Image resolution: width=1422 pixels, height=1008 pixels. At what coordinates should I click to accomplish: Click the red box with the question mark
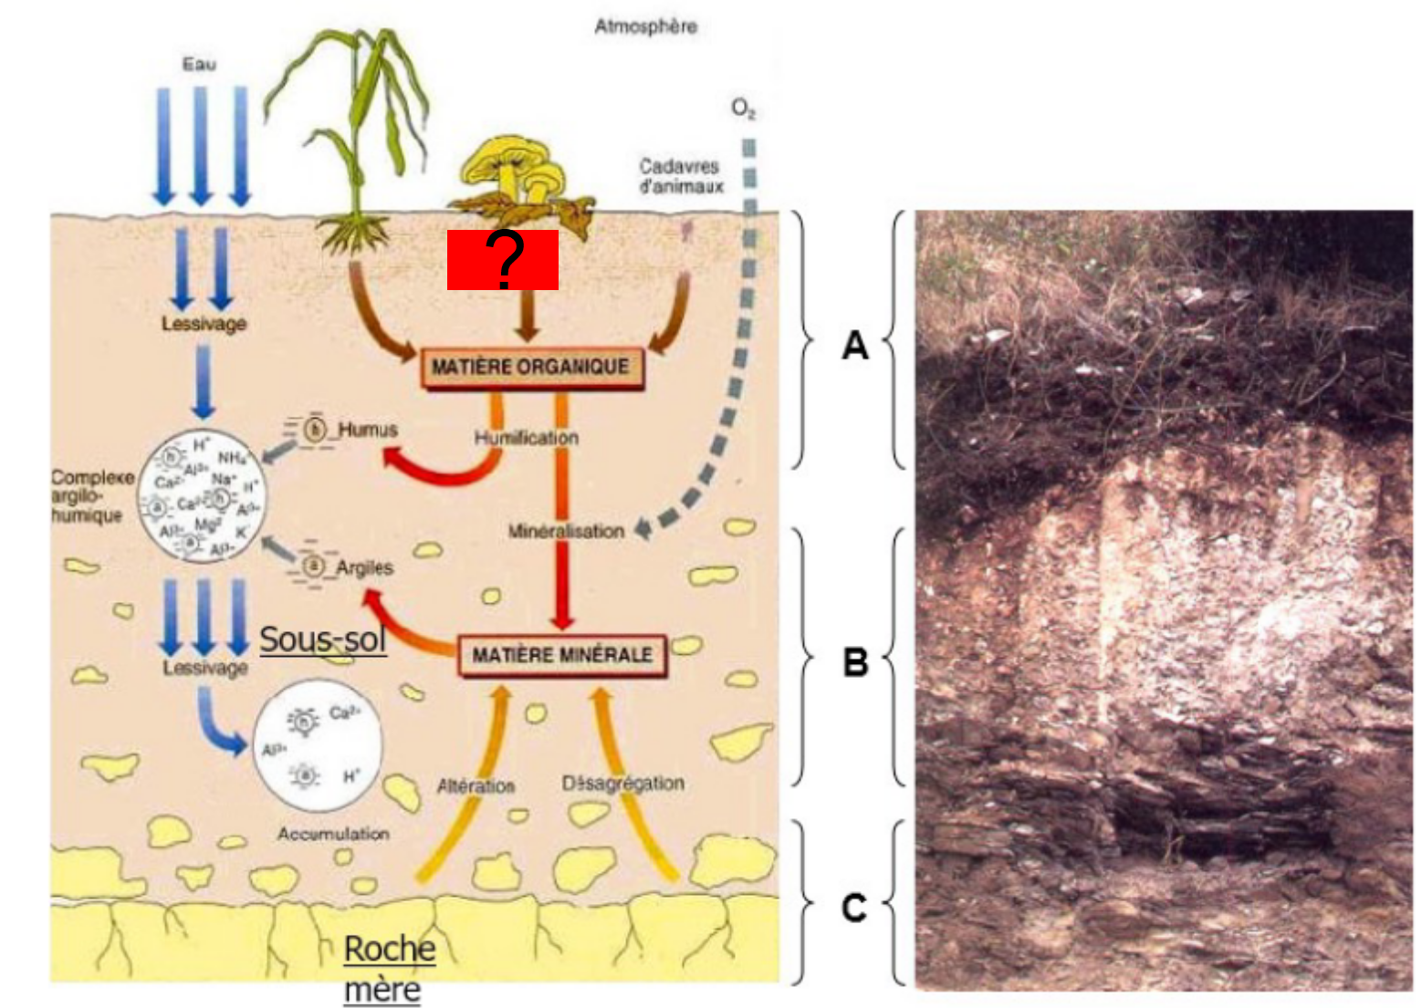502,260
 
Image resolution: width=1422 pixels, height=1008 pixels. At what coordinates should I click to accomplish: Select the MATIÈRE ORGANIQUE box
530,368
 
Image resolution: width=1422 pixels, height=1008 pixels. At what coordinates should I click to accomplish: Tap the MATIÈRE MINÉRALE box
562,655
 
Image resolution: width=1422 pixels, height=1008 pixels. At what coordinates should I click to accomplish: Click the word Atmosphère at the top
645,26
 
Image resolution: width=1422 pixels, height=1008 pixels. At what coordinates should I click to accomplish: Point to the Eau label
199,64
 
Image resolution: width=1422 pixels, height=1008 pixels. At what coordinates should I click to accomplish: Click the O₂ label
743,109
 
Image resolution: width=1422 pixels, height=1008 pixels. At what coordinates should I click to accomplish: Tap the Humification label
526,438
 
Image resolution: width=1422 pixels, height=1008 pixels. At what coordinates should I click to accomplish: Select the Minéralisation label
566,531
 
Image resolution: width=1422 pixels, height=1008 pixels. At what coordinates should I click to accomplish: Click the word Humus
368,430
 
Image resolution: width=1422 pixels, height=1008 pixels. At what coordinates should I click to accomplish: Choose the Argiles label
364,567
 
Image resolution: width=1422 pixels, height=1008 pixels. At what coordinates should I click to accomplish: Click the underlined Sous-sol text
323,639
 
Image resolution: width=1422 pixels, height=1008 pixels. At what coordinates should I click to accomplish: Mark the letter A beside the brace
854,345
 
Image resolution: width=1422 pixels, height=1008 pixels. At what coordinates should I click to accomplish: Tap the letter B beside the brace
854,660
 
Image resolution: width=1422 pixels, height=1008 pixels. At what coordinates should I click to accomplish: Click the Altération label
476,785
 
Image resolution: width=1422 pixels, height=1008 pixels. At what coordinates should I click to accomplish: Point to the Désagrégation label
622,783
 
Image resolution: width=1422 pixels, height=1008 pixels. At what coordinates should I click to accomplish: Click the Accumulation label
333,834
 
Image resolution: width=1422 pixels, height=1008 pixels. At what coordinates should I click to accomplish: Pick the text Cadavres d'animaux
680,176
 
